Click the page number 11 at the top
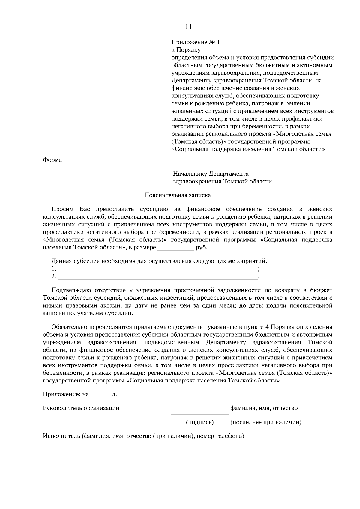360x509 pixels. tap(188, 27)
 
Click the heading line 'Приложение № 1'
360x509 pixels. tap(195, 42)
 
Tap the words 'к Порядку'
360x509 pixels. tap(186, 50)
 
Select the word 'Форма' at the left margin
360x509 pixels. tap(52, 160)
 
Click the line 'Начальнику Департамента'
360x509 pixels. tap(211, 174)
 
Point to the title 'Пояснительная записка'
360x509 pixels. tap(178, 195)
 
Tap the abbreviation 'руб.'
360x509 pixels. tap(201, 248)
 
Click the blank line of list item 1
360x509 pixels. tap(157, 269)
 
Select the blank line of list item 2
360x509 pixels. tap(157, 277)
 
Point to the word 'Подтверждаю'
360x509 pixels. tap(70, 290)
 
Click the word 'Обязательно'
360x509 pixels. tap(69, 327)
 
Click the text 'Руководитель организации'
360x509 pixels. tap(81, 408)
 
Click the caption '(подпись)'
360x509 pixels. tap(200, 423)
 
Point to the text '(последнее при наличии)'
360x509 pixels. tap(266, 423)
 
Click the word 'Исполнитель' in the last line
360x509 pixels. tap(61, 436)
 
